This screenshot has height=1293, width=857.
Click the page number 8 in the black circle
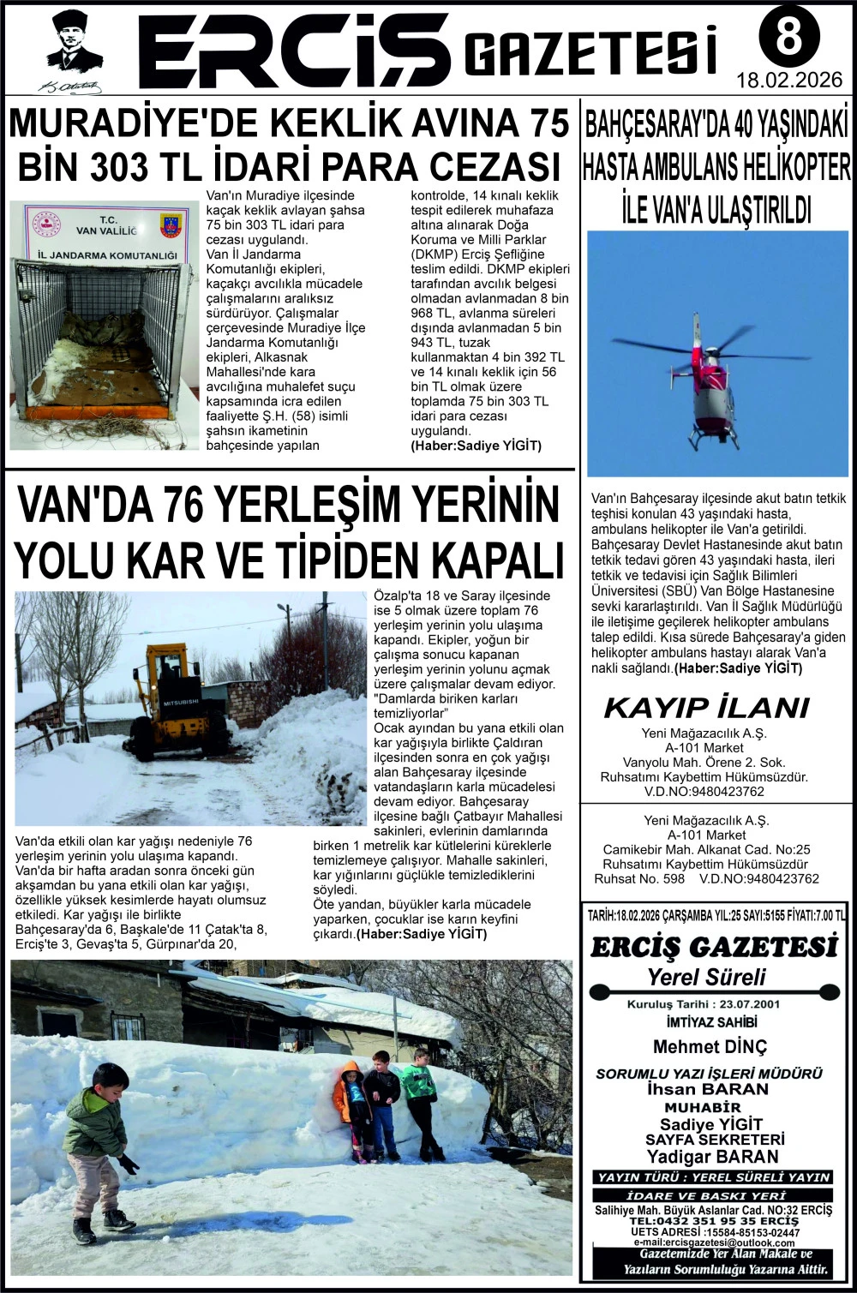pos(788,37)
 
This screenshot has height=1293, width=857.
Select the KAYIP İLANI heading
pos(706,708)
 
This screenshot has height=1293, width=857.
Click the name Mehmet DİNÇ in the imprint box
pos(710,1046)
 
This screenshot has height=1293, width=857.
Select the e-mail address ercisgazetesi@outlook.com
pos(714,1242)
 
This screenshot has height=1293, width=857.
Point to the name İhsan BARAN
pos(708,1089)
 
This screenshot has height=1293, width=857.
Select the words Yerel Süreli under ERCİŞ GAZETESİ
pos(706,977)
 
